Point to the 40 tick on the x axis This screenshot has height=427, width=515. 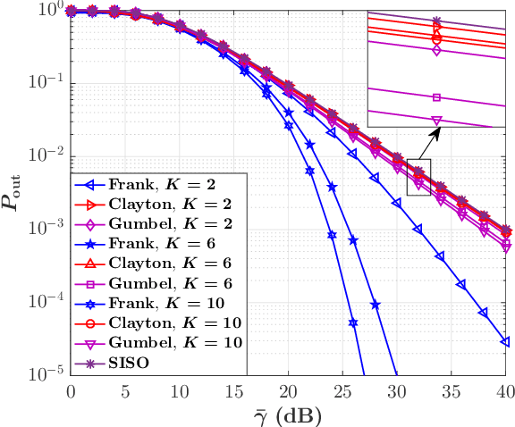pyautogui.click(x=505, y=391)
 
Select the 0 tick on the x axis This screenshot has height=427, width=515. pyautogui.click(x=71, y=391)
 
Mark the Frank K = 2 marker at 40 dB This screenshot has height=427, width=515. pyautogui.click(x=505, y=341)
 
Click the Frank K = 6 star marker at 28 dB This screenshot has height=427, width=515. pyautogui.click(x=375, y=305)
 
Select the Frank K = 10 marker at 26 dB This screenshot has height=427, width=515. pyautogui.click(x=353, y=323)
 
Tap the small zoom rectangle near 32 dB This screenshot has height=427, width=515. pyautogui.click(x=418, y=177)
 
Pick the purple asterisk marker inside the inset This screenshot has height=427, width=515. pyautogui.click(x=436, y=21)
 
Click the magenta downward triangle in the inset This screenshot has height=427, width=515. pyautogui.click(x=436, y=120)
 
